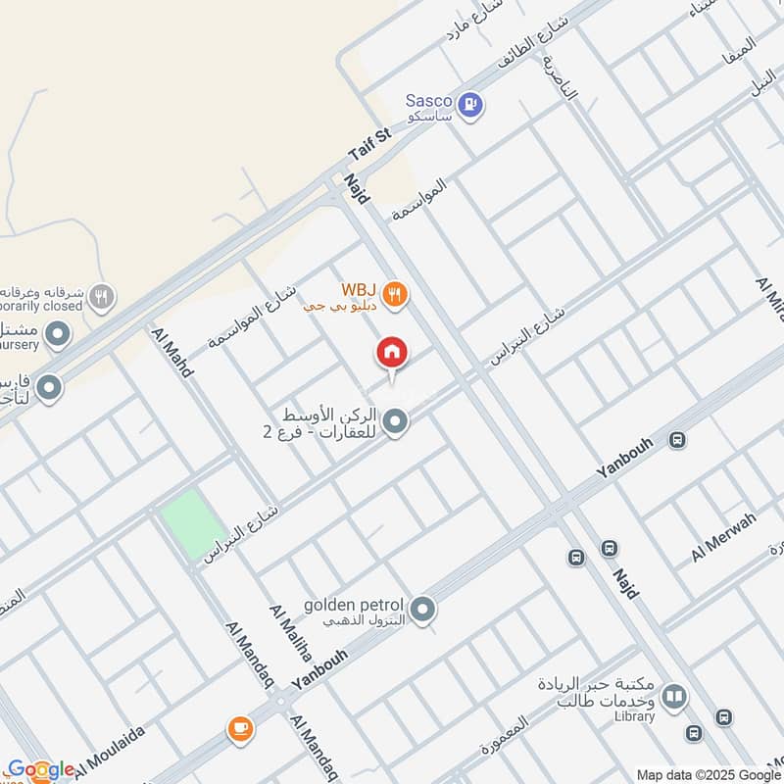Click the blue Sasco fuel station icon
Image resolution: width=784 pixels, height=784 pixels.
471,103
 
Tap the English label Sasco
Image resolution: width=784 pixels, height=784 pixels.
428,100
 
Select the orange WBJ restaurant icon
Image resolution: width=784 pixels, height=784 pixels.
394,294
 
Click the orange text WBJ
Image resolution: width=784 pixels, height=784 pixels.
359,290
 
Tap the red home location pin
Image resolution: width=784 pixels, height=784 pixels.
392,354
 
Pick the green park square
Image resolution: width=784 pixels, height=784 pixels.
193,525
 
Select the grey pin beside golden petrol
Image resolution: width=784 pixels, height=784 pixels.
423,610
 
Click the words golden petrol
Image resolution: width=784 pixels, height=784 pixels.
354,604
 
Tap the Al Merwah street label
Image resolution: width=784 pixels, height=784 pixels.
723,536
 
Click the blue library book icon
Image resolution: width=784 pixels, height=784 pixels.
673,697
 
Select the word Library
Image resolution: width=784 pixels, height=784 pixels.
636,716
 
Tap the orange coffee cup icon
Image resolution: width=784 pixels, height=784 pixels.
240,728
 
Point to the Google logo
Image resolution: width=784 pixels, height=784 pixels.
40,769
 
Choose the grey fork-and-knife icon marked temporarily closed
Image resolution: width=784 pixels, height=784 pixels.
101,295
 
